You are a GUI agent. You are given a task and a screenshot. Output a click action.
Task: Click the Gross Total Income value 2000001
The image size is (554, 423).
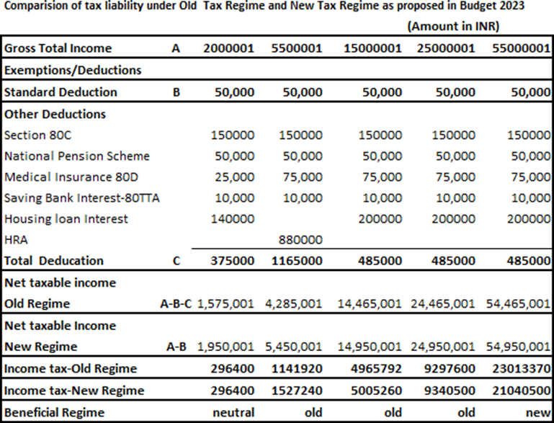coord(228,49)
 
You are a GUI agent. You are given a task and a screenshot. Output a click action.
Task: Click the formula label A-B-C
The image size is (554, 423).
coord(175,304)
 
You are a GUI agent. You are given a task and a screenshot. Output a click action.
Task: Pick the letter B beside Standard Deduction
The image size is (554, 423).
coord(176,92)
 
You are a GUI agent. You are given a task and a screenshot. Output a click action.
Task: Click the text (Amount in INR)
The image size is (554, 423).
coord(453,26)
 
